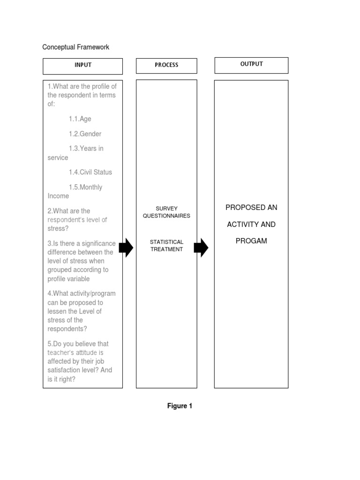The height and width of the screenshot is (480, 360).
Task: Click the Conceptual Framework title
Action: [x=75, y=47]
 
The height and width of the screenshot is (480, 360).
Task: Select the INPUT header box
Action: [x=82, y=66]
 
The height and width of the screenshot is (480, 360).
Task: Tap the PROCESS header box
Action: [x=166, y=66]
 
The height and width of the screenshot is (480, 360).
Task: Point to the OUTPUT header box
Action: [x=251, y=65]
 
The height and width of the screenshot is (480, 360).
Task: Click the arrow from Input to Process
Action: [x=126, y=247]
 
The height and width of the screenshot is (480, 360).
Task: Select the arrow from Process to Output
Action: [x=201, y=247]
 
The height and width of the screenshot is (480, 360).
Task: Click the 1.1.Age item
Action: [x=80, y=119]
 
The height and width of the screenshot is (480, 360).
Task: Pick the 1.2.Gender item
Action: [x=85, y=134]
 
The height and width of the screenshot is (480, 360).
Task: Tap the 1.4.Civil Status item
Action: [x=90, y=172]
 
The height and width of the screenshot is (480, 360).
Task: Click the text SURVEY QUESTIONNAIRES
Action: [x=166, y=212]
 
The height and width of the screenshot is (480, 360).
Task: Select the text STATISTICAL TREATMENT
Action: [x=166, y=246]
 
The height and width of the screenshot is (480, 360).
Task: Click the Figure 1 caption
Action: [x=180, y=406]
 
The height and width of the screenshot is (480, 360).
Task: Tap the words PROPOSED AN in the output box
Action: [x=251, y=207]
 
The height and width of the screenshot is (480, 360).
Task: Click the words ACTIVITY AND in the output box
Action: [x=251, y=224]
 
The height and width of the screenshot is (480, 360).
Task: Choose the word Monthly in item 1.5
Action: [x=91, y=187]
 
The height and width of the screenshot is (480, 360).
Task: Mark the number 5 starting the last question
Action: [x=49, y=344]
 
